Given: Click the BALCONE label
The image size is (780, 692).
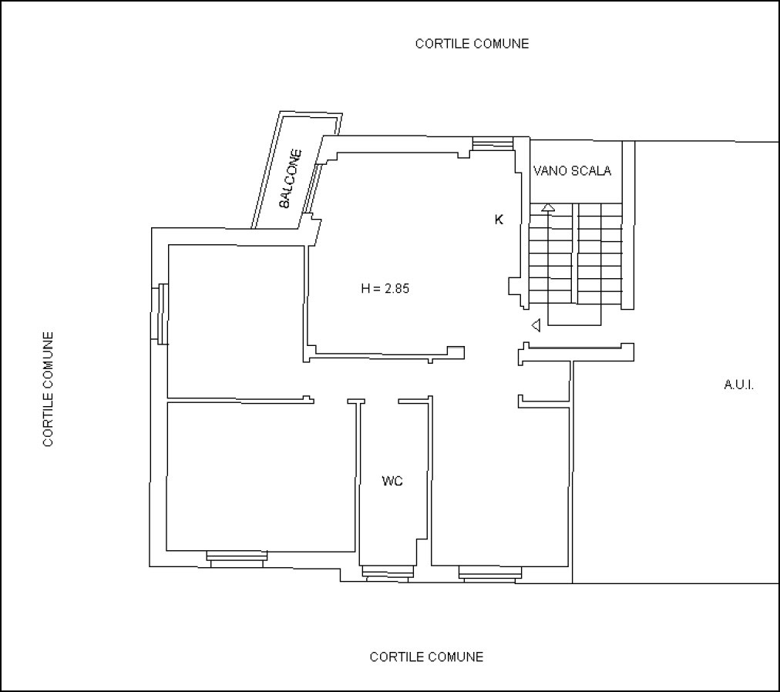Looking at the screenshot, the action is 291,179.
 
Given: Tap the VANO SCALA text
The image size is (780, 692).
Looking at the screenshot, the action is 572,170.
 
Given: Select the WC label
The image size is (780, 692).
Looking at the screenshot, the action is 392,481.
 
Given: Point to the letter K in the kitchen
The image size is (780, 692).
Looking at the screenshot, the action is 499,220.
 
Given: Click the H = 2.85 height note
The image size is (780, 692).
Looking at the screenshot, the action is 385,288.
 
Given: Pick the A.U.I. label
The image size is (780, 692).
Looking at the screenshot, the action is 738,385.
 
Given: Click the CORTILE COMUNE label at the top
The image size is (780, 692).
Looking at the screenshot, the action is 472,44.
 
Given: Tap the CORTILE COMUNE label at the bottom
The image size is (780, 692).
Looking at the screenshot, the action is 426,657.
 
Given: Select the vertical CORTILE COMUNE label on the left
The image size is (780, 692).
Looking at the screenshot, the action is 49,389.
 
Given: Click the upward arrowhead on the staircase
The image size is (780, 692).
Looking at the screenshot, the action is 548,207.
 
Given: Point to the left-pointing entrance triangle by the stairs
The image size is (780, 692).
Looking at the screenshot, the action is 536,325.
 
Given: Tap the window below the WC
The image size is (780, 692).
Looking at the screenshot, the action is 386,573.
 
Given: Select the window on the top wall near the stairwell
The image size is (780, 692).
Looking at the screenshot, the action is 493,143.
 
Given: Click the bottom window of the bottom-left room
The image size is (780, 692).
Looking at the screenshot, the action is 237,559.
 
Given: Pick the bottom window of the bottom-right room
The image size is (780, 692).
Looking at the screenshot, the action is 490,574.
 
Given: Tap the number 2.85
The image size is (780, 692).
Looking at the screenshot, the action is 396,288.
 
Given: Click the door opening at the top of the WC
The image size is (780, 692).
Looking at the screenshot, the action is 381,401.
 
